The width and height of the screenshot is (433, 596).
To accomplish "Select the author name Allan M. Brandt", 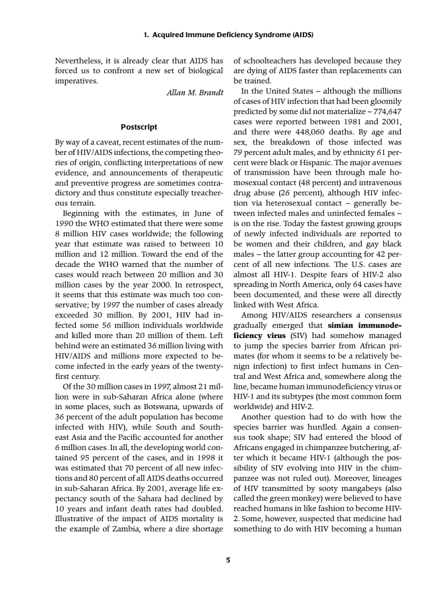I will click(x=195, y=92).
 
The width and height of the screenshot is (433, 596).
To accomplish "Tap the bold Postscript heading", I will click(x=139, y=127).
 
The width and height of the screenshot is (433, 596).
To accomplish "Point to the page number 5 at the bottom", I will click(x=228, y=559).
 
